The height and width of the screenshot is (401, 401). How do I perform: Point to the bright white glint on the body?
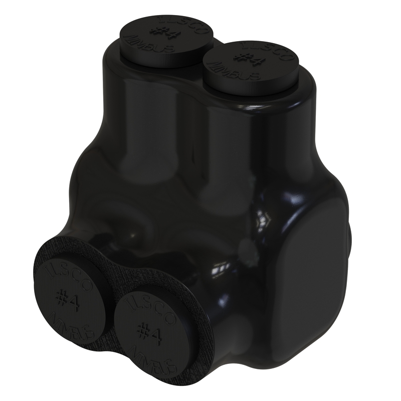[263, 221]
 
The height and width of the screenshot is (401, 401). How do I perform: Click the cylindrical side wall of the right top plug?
[251, 90]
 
